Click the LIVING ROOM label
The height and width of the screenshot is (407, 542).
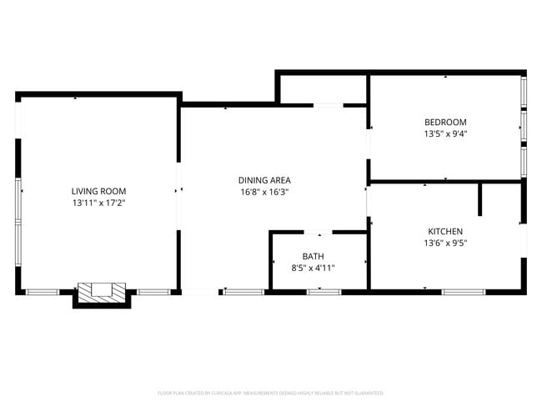click(x=98, y=191)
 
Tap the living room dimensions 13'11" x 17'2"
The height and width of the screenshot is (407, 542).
click(x=98, y=203)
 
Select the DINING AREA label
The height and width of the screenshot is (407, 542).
click(x=264, y=180)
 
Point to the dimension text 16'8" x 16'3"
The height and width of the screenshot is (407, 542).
click(x=264, y=192)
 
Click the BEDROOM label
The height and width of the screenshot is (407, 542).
click(x=445, y=122)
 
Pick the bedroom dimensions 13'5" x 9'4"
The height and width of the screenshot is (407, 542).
click(x=445, y=133)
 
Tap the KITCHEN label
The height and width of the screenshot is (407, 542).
click(x=445, y=231)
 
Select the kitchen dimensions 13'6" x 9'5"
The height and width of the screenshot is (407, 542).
click(x=445, y=243)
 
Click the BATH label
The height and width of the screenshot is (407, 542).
click(x=314, y=256)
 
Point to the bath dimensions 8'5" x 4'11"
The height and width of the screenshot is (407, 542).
click(x=314, y=268)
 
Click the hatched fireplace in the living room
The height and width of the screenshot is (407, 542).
click(x=102, y=292)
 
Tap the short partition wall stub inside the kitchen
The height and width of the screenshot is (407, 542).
click(x=480, y=200)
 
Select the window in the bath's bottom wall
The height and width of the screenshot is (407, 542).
click(x=324, y=292)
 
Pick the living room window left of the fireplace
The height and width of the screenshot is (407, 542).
click(x=43, y=292)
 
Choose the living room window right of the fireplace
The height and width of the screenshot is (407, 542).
click(x=151, y=292)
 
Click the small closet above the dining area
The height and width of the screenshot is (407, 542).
click(x=323, y=89)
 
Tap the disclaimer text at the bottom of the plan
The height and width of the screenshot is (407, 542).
click(x=270, y=392)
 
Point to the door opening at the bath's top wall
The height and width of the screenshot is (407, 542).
click(x=318, y=232)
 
